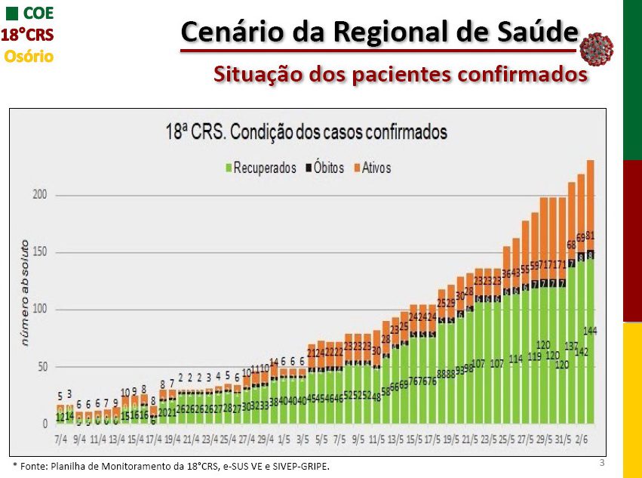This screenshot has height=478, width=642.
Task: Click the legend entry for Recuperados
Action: (x=264, y=168)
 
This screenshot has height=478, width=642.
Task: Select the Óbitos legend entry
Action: (x=329, y=168)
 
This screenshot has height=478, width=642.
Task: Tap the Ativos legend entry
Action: (x=376, y=168)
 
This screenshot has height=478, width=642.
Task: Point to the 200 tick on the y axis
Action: (x=39, y=195)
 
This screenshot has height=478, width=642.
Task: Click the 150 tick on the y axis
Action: (x=39, y=252)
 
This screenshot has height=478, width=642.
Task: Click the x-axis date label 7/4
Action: (x=61, y=439)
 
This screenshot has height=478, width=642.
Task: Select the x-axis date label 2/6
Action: (x=582, y=439)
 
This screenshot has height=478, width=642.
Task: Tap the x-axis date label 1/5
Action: (x=284, y=439)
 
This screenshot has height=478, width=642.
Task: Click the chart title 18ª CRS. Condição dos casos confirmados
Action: (x=306, y=132)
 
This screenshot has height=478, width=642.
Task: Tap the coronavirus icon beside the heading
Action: (x=596, y=48)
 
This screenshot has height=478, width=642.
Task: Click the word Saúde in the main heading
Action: (x=537, y=32)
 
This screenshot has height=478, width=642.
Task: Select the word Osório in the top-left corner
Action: (x=29, y=56)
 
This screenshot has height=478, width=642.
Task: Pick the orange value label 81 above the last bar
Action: (x=591, y=236)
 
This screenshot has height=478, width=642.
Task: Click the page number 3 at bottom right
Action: (x=601, y=461)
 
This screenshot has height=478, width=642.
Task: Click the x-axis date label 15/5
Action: (x=414, y=439)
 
